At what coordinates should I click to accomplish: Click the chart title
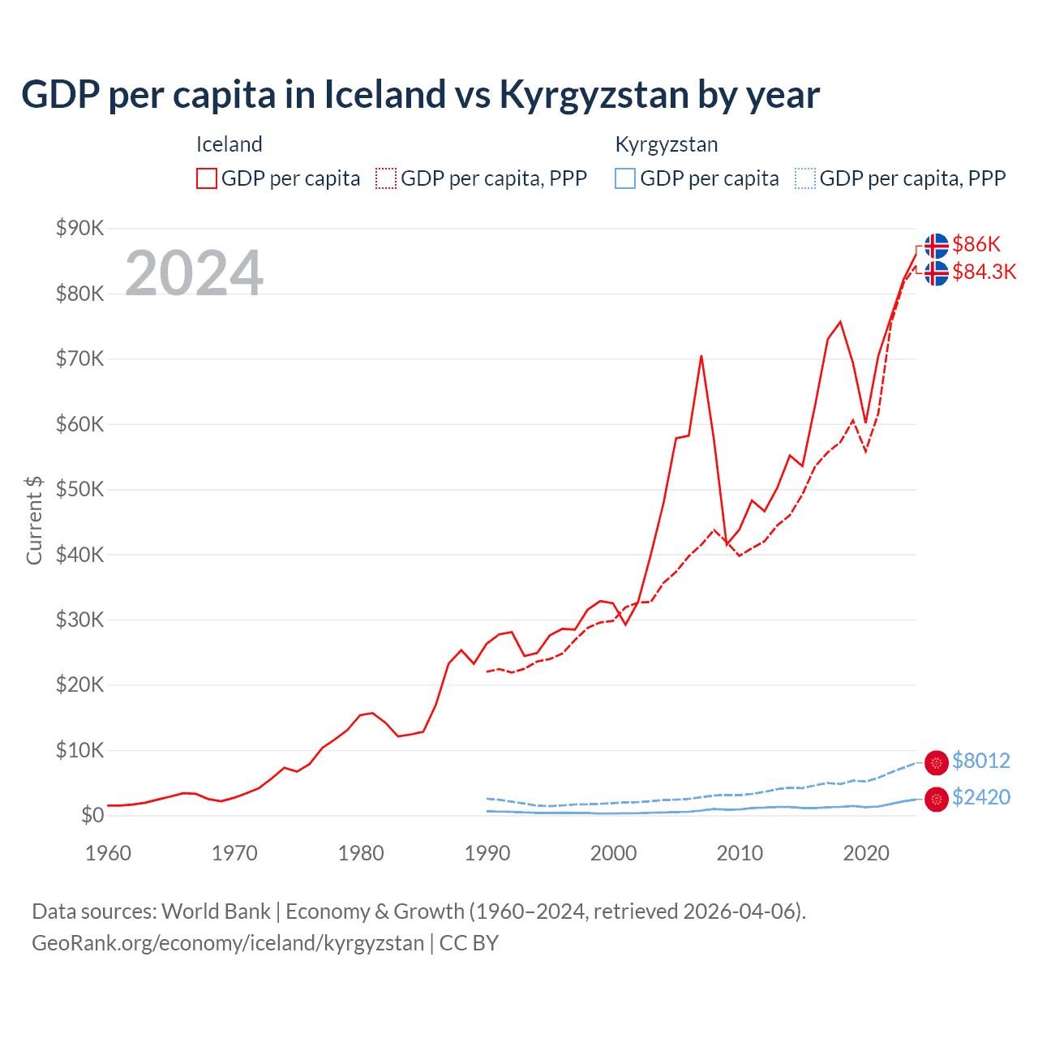pyautogui.click(x=420, y=95)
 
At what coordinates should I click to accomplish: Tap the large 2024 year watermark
pyautogui.click(x=194, y=273)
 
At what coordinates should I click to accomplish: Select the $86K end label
pyautogui.click(x=976, y=244)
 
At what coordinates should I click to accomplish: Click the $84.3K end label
pyautogui.click(x=984, y=272)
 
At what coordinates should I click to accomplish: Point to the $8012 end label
pyautogui.click(x=980, y=761)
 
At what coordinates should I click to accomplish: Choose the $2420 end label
pyautogui.click(x=980, y=797)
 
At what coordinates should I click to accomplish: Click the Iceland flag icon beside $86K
pyautogui.click(x=936, y=245)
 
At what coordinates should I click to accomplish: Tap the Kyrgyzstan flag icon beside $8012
pyautogui.click(x=936, y=762)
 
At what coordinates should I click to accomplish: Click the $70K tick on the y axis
pyautogui.click(x=79, y=358)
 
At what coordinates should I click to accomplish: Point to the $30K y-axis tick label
pyautogui.click(x=79, y=620)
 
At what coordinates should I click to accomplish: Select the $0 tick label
pyautogui.click(x=92, y=815)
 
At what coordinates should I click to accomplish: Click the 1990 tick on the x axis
pyautogui.click(x=487, y=853)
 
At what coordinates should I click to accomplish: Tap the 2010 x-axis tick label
pyautogui.click(x=740, y=853)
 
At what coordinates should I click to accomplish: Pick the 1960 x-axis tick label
pyautogui.click(x=108, y=853)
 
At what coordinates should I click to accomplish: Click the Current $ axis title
pyautogui.click(x=34, y=520)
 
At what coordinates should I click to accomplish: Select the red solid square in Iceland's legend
pyautogui.click(x=207, y=178)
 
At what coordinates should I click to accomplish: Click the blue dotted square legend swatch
pyautogui.click(x=805, y=178)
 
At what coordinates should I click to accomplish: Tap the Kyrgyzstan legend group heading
pyautogui.click(x=666, y=145)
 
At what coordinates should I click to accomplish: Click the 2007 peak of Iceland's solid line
pyautogui.click(x=701, y=356)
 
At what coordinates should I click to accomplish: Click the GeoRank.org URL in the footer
pyautogui.click(x=228, y=943)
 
